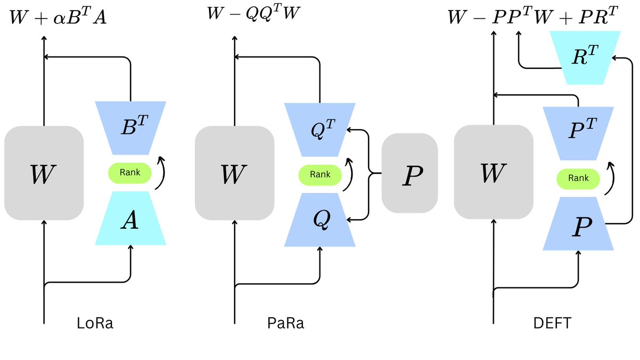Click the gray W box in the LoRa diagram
pyautogui.click(x=44, y=173)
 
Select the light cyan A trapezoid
pyautogui.click(x=130, y=218)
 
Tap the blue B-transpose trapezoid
pyautogui.click(x=131, y=128)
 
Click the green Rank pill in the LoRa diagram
pyautogui.click(x=130, y=173)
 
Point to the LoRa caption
pyautogui.click(x=95, y=323)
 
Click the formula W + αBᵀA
pyautogui.click(x=58, y=17)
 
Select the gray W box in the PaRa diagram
pyautogui.click(x=235, y=173)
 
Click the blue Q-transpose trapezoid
pyautogui.click(x=319, y=130)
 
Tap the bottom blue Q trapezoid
pyautogui.click(x=319, y=220)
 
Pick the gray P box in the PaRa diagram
pyautogui.click(x=410, y=173)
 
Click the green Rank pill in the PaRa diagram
pyautogui.click(x=320, y=175)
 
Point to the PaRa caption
pyautogui.click(x=286, y=323)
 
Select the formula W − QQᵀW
pyautogui.click(x=253, y=13)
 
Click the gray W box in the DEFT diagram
pyautogui.click(x=494, y=172)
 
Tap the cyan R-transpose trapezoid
pyautogui.click(x=585, y=58)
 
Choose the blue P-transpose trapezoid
pyautogui.click(x=578, y=133)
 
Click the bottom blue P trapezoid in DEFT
pyautogui.click(x=578, y=223)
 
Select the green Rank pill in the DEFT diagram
pyautogui.click(x=578, y=179)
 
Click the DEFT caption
pyautogui.click(x=553, y=323)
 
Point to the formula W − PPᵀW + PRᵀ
pyautogui.click(x=533, y=15)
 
